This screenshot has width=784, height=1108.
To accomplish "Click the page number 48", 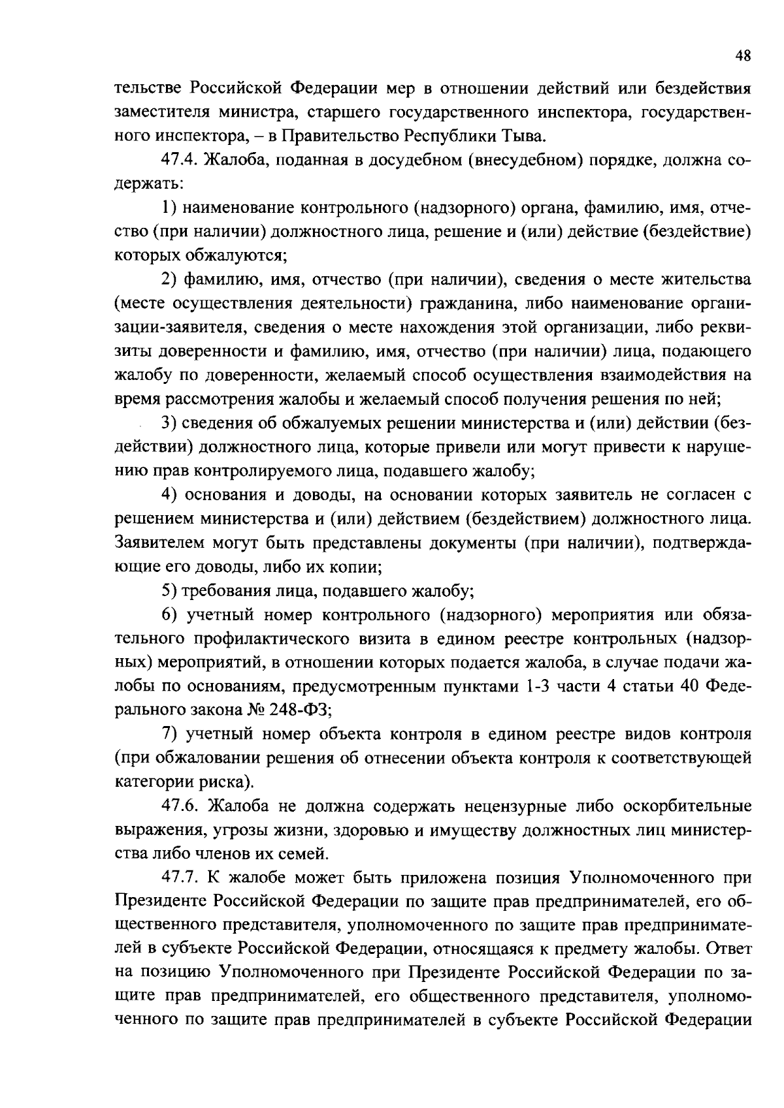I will [743, 57].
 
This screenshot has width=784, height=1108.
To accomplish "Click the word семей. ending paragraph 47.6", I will [304, 853].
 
